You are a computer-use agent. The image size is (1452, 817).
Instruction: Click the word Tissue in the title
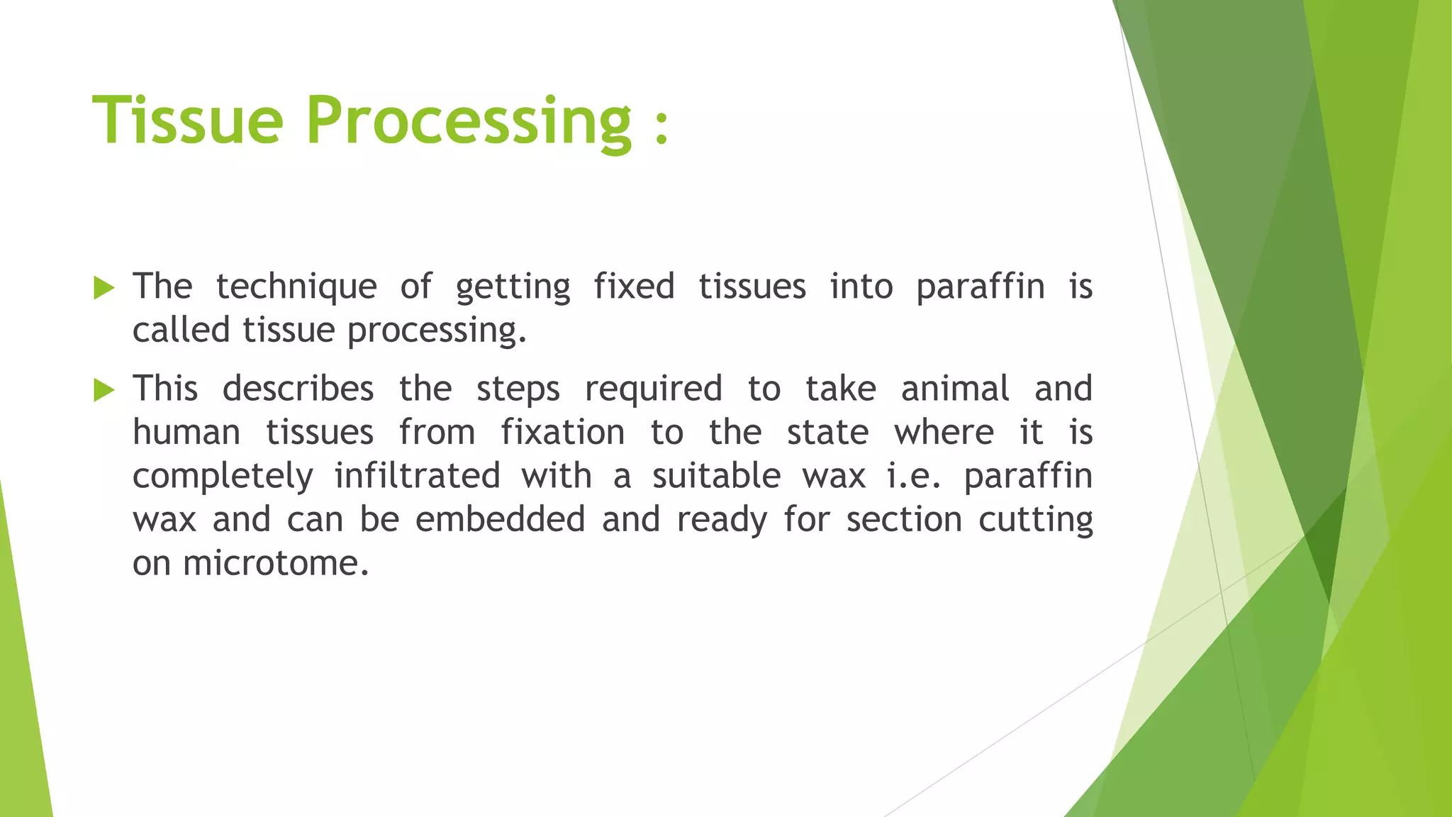point(188,121)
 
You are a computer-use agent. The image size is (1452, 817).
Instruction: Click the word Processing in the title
point(468,122)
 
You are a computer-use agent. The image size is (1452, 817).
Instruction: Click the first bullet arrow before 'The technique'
point(104,288)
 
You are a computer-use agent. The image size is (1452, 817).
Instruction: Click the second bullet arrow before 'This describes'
point(104,390)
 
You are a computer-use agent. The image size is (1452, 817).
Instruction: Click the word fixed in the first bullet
point(634,287)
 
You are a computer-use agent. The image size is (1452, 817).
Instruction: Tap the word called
point(181,330)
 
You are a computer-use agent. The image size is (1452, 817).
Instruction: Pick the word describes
point(298,389)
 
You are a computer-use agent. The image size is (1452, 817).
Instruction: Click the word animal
point(955,389)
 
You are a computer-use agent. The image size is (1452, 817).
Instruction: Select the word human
point(186,433)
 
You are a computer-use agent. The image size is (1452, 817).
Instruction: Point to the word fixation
point(562,433)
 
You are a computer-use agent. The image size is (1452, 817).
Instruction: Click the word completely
point(223,477)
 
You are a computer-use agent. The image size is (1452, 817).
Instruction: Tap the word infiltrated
point(417,476)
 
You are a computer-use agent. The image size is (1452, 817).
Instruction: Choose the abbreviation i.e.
point(914,476)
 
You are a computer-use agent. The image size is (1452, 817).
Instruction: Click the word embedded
point(500,520)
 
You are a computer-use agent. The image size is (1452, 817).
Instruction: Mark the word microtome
point(275,564)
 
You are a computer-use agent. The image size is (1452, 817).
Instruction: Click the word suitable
point(716,476)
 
